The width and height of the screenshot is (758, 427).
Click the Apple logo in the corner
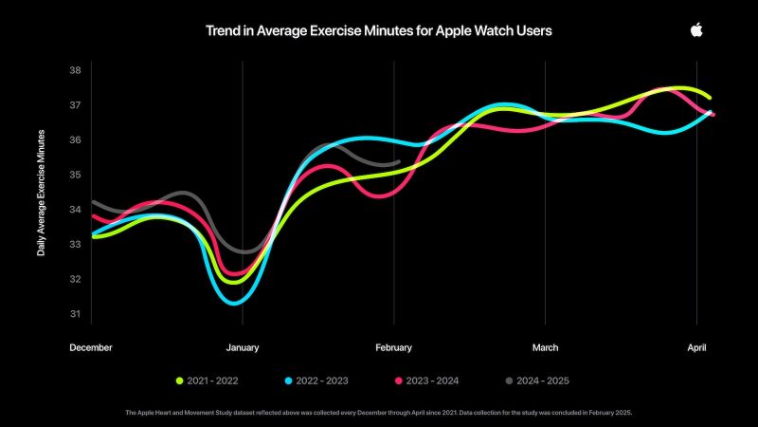coord(696,30)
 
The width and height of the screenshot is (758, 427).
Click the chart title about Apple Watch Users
coord(379,30)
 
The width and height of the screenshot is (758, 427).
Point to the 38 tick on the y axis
coord(75,70)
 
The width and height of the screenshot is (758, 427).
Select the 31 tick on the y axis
coord(75,314)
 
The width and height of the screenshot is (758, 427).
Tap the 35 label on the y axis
coord(75,175)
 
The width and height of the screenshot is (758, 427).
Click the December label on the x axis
coord(91,347)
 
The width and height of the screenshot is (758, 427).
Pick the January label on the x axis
coord(243,347)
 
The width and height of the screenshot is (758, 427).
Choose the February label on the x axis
coord(394,347)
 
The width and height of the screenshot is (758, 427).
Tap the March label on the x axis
coord(545,347)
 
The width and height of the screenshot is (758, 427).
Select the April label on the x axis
coord(697,347)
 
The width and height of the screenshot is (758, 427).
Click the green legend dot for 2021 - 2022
coord(179,381)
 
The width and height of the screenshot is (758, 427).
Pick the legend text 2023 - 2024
coord(432,381)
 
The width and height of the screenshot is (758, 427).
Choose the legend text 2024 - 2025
coord(540,381)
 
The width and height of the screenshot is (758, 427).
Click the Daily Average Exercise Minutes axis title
coord(41,193)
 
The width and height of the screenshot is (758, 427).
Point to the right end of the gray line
coord(399,162)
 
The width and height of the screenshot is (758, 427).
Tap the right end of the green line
coord(710,98)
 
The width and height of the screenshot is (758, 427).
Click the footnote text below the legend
coord(379,413)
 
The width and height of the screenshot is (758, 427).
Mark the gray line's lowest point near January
coord(245,252)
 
